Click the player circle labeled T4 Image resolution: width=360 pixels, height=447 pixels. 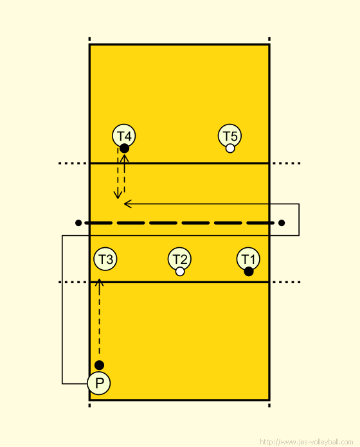[x=124, y=136]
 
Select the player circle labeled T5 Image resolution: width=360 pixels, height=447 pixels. [x=230, y=136]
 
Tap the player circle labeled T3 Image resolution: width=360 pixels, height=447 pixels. [x=105, y=259]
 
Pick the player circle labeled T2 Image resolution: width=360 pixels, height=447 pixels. [x=179, y=259]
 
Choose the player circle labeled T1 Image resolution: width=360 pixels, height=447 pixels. [x=248, y=259]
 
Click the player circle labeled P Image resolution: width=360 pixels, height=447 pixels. [x=99, y=383]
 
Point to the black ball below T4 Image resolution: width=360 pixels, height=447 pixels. [x=124, y=148]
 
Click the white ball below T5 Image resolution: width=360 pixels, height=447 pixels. [x=230, y=148]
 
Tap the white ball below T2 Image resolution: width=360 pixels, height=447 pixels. [x=180, y=272]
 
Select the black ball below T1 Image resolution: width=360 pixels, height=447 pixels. [x=249, y=272]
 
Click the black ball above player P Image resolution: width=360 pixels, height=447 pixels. [x=99, y=365]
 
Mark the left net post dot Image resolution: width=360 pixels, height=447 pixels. [x=78, y=223]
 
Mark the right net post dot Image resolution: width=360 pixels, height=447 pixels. [x=282, y=223]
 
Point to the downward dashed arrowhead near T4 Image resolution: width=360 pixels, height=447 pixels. [x=118, y=195]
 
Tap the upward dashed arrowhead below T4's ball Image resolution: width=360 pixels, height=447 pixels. [x=124, y=158]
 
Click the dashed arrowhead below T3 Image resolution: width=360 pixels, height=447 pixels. [x=99, y=283]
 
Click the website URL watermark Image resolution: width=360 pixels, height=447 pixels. [x=307, y=442]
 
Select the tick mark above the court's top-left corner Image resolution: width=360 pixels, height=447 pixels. [x=89, y=39]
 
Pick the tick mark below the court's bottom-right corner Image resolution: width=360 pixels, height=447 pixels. [x=269, y=405]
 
